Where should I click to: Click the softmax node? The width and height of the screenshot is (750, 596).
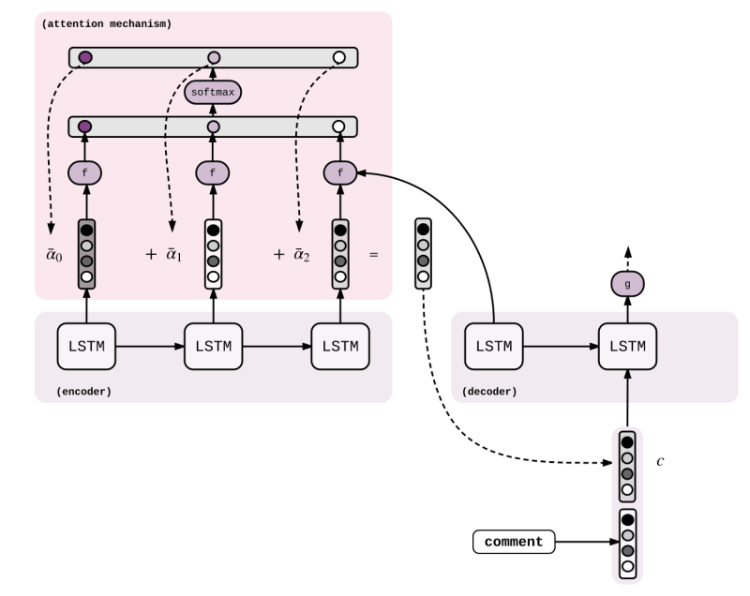coord(213,92)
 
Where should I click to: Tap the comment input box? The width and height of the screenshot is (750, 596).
coord(514,542)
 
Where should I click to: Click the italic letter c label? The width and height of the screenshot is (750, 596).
coord(660,462)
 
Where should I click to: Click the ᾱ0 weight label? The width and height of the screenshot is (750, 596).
coord(54,254)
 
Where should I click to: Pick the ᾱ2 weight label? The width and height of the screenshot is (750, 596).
coord(300,254)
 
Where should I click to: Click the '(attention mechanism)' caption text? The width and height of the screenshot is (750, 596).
coord(107,23)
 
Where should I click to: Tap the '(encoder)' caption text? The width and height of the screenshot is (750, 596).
coord(83,391)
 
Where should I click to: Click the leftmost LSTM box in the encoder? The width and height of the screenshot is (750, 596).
coord(86,346)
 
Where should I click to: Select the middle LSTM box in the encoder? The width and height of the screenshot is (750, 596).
coord(213,346)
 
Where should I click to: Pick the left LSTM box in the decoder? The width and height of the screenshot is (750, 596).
coord(494,346)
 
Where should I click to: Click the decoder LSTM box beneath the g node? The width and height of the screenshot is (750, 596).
coord(627,346)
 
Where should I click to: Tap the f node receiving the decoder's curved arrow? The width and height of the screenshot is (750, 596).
coord(339,172)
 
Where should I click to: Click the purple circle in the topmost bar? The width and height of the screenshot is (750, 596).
coord(85,58)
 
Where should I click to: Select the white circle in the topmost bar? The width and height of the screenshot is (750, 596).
coord(339,58)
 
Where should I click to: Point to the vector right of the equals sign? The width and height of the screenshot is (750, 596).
coord(424,253)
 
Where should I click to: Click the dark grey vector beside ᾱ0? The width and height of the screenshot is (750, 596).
coord(86,253)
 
